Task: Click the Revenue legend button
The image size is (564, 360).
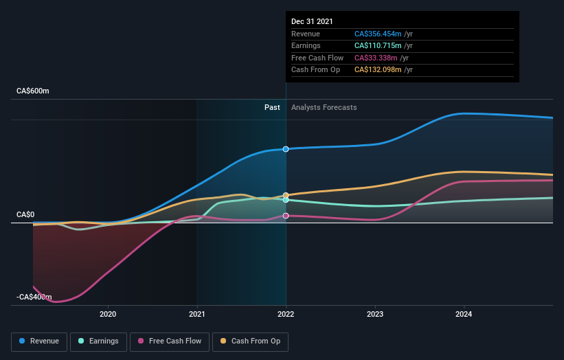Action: tap(39, 341)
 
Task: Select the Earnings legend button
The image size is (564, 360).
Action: tap(98, 341)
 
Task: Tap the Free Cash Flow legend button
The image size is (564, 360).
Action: tap(170, 341)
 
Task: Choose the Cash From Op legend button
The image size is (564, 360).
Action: tap(251, 341)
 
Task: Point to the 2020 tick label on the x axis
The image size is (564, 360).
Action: tap(108, 315)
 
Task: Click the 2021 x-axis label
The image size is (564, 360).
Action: tap(197, 315)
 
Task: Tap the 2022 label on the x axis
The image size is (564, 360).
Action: tap(286, 315)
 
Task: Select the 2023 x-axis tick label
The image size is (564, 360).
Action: tap(375, 315)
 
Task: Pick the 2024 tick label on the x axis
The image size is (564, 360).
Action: tap(464, 315)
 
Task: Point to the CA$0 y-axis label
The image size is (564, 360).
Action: tap(25, 214)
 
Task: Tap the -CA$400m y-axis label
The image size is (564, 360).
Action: tap(34, 297)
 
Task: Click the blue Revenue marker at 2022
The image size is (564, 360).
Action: tap(286, 149)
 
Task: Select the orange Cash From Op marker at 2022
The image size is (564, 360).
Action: tap(286, 195)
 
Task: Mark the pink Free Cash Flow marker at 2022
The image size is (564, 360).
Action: tap(286, 216)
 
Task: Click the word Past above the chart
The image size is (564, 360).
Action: tap(273, 107)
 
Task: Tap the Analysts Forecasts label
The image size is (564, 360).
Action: tap(324, 107)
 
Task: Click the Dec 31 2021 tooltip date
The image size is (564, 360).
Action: tap(312, 21)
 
